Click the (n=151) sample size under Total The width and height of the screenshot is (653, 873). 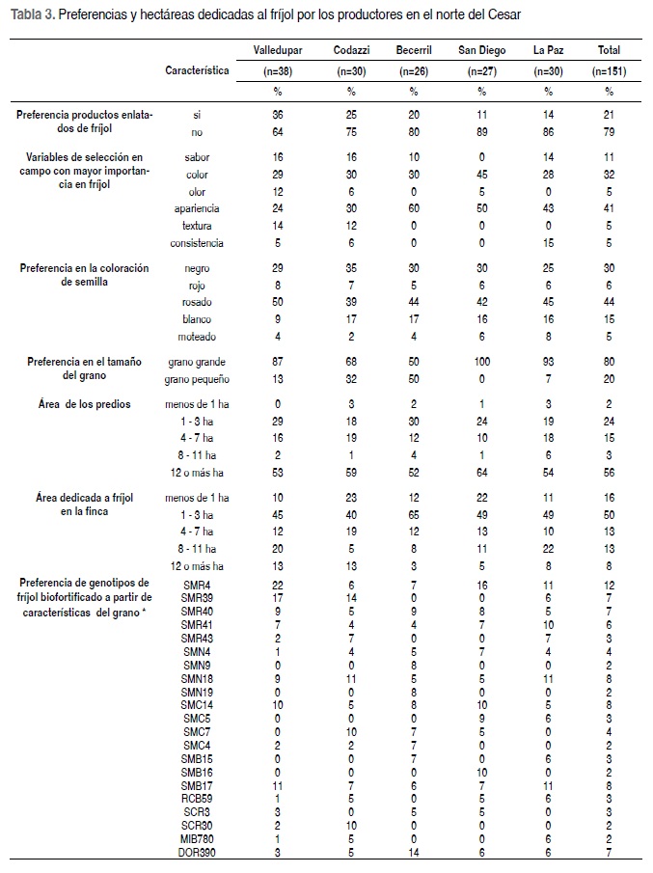(x=609, y=71)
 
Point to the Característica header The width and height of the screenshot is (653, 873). (x=197, y=70)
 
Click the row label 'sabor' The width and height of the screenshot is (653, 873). (x=197, y=156)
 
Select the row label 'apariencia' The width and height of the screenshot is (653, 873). (x=197, y=208)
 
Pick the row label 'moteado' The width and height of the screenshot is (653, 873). (x=197, y=337)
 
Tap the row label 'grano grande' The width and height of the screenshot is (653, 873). (x=197, y=361)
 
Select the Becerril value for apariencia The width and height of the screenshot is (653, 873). (x=413, y=208)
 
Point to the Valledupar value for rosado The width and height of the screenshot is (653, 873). (x=278, y=303)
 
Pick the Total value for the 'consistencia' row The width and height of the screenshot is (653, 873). (x=609, y=243)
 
